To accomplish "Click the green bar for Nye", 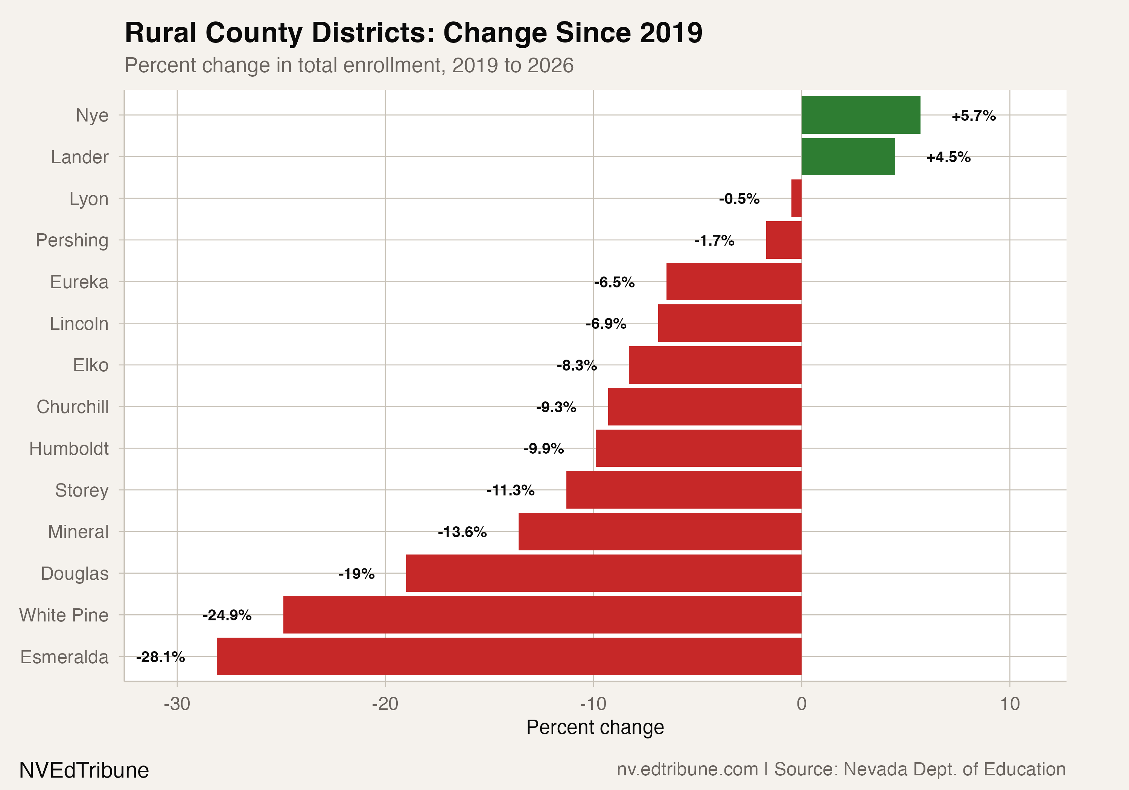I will click(861, 115).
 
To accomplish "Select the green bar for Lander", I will click(848, 157).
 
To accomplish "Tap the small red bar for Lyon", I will click(796, 198).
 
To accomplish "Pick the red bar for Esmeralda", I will click(508, 656).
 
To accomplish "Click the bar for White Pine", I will click(542, 614).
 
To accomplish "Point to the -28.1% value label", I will click(160, 657).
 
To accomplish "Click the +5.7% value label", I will click(973, 116).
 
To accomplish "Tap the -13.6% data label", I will click(462, 532).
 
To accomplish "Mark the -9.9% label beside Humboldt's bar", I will click(543, 449).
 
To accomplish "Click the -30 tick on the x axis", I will click(177, 704).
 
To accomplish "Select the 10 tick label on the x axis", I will click(1009, 704).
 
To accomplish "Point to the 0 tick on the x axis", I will click(802, 704).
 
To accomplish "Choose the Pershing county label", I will click(72, 240).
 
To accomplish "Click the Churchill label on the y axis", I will click(72, 407).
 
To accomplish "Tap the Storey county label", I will click(82, 490).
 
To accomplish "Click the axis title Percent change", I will click(595, 727).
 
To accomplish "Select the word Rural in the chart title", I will click(160, 33).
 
